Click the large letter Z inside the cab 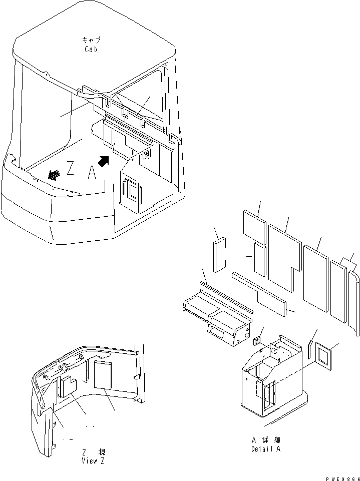[71, 169]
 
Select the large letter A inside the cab [91, 173]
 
